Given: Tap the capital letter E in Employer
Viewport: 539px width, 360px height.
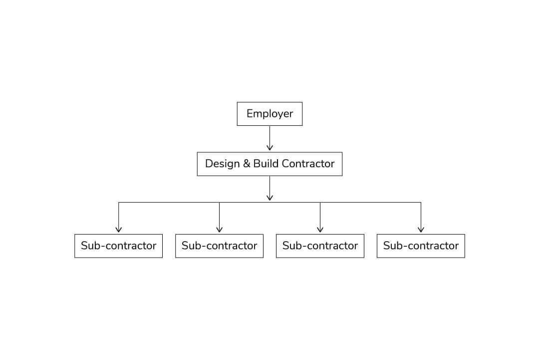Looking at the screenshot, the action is tap(250, 113).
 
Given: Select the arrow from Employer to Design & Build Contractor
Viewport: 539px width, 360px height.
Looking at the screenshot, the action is tap(269, 138).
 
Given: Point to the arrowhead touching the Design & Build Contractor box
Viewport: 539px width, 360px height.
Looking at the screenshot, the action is tap(269, 147).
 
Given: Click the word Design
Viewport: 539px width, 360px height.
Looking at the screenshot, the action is tap(222, 164).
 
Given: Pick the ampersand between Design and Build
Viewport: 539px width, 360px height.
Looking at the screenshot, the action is tap(246, 164).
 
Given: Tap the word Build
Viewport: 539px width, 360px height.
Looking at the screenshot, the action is tap(266, 163).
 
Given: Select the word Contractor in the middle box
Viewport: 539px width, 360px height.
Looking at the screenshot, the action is tap(308, 164).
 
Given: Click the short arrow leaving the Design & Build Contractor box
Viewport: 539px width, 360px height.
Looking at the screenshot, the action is tap(269, 188).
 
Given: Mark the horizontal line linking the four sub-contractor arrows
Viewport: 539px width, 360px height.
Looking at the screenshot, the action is tap(269, 203).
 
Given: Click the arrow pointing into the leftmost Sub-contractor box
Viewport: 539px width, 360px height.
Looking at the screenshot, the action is tap(119, 217).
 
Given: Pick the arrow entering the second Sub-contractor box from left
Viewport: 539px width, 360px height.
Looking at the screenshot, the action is tap(219, 217).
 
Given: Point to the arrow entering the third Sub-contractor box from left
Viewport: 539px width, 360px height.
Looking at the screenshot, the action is tap(320, 217).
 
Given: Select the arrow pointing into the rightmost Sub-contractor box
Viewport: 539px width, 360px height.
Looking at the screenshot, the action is tap(421, 217).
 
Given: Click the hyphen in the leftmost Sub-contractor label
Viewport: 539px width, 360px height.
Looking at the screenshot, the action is tap(102, 246).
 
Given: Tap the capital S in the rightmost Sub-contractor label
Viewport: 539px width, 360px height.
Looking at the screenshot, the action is tap(387, 246).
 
